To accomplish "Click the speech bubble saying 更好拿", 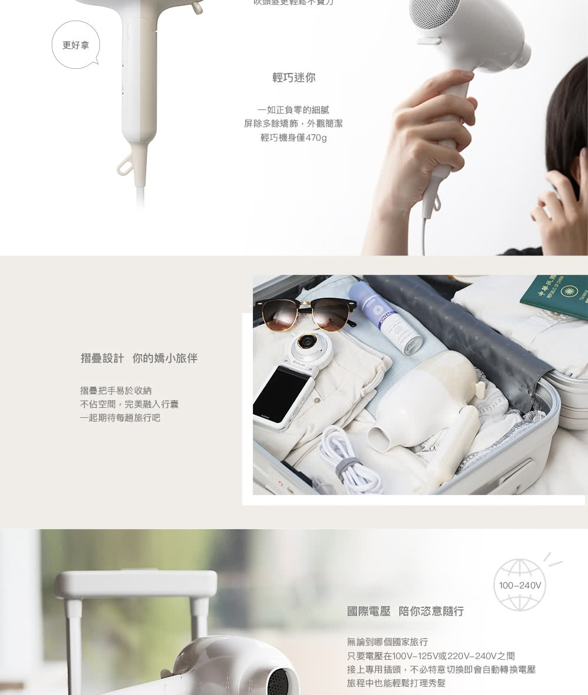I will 76,45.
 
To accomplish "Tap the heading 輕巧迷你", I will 293,78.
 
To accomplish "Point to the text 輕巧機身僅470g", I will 293,138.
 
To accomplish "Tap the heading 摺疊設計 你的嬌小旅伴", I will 139,358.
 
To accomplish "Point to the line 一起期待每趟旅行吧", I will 120,418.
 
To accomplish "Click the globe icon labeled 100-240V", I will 520,585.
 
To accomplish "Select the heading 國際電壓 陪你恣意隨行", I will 405,611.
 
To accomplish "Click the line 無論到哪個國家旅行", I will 387,641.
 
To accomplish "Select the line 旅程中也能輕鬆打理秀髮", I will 396,683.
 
